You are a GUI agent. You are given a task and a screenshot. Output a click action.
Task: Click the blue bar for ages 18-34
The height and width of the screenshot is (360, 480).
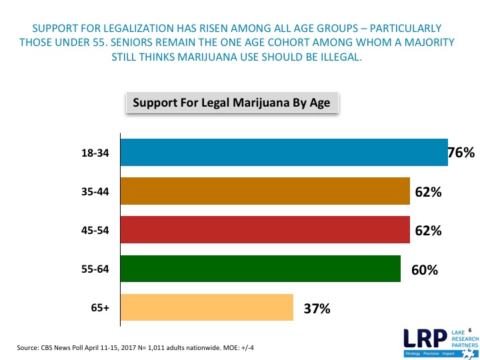283,153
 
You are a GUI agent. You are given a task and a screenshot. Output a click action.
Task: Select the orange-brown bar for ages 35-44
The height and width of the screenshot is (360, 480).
265,192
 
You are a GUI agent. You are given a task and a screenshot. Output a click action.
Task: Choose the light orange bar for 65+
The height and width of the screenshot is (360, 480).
207,308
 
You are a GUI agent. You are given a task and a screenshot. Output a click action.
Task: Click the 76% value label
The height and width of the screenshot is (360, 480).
461,153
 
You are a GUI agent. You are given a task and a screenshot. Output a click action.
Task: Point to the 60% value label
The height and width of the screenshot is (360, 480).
424,270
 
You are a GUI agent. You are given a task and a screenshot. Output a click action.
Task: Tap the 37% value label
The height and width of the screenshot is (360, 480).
317,309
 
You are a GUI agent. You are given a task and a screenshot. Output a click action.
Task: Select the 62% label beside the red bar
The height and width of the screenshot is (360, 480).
428,231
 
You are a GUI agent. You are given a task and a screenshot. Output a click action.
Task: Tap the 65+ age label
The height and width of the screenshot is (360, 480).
100,309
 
